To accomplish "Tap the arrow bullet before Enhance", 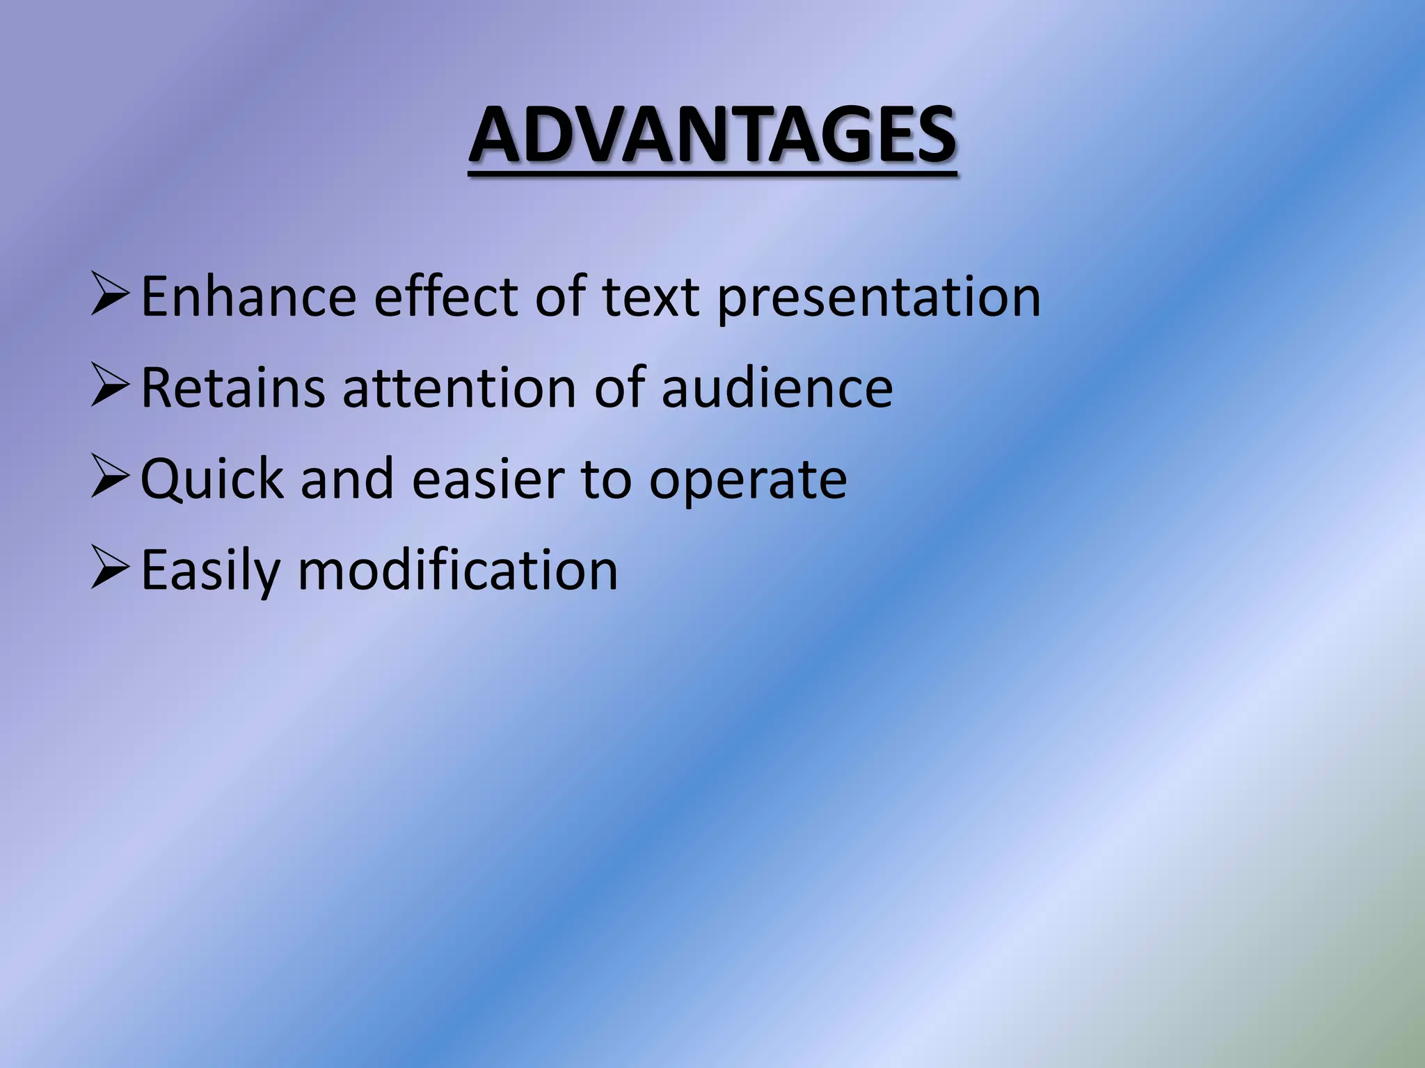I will (x=110, y=296).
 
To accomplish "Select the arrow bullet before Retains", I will (x=110, y=387).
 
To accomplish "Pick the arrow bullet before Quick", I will (x=110, y=478).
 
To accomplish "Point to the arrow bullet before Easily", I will (x=110, y=569).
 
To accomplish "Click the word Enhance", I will (x=249, y=297).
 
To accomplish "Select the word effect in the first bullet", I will (x=446, y=297).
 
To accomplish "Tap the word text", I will (x=651, y=297).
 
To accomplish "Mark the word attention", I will (x=459, y=388).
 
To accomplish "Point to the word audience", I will (x=777, y=388).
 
